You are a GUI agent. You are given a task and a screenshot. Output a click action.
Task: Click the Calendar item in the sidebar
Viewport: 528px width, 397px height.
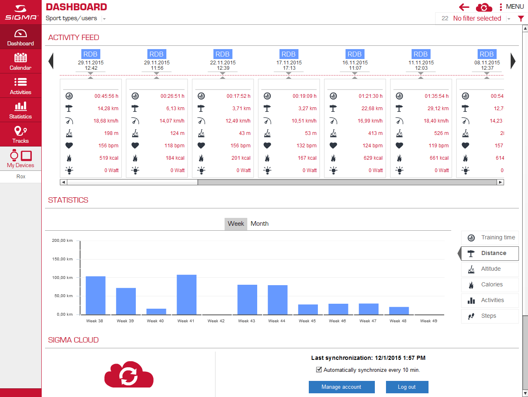tap(21, 61)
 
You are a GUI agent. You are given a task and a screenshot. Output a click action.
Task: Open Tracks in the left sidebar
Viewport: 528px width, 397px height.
tap(21, 134)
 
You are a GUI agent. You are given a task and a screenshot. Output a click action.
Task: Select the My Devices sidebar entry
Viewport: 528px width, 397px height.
tap(21, 159)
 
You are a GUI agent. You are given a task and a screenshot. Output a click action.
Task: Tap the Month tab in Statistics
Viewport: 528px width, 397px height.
tap(259, 224)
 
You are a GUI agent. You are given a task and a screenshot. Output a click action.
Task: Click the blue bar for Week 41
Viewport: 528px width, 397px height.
tap(187, 295)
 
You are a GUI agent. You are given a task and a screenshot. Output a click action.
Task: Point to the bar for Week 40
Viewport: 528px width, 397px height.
tap(156, 312)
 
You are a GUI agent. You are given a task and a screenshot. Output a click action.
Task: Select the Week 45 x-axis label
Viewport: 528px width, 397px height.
tap(307, 321)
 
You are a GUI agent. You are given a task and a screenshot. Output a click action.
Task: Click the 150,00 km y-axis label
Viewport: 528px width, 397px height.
tap(62, 259)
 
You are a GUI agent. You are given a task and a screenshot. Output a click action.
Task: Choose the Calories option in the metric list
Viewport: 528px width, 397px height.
tap(490, 284)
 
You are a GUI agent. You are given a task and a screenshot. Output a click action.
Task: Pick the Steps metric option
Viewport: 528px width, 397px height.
tap(490, 316)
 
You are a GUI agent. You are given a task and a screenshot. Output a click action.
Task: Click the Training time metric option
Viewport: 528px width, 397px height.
tap(490, 238)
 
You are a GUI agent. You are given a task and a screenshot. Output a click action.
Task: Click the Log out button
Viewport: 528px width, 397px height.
tap(407, 387)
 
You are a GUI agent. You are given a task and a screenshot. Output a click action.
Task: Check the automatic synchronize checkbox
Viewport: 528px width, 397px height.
tap(319, 370)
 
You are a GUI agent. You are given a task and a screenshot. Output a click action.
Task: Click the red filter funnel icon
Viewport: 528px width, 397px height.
tap(521, 19)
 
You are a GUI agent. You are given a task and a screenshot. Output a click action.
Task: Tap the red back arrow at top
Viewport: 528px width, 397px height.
tap(464, 7)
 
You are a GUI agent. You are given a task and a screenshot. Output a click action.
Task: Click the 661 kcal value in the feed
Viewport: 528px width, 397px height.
tap(439, 158)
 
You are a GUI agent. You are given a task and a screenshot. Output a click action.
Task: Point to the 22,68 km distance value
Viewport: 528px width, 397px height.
tap(372, 109)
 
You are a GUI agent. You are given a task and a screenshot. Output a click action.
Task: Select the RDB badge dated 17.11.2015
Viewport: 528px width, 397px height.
tap(289, 54)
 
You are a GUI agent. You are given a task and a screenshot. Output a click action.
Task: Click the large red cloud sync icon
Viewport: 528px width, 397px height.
tap(129, 374)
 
